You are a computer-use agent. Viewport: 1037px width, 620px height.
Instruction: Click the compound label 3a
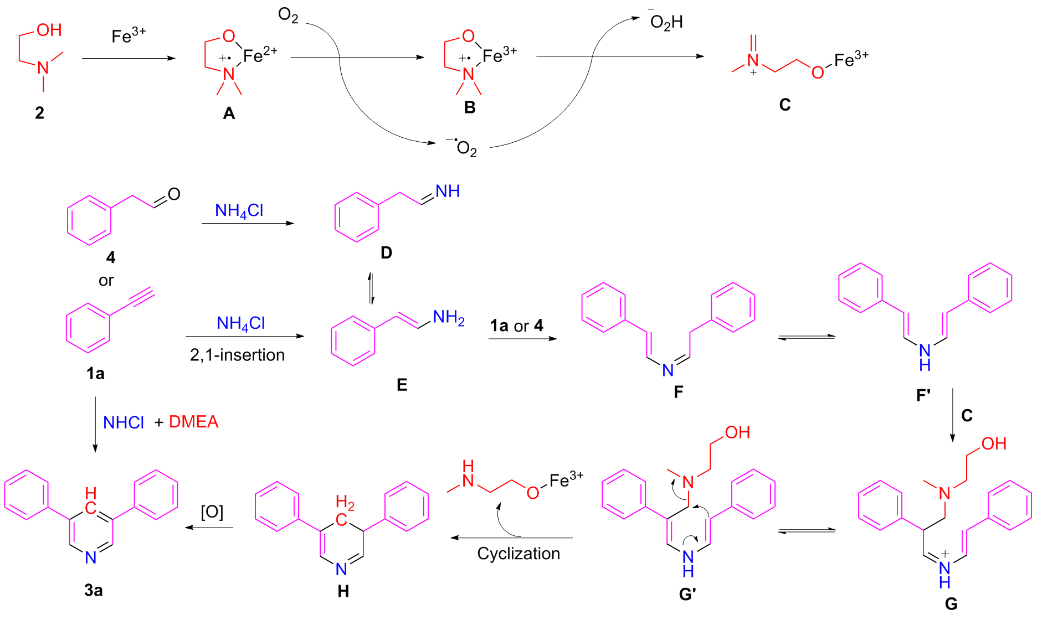93,590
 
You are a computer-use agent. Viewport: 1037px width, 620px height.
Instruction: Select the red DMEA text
193,422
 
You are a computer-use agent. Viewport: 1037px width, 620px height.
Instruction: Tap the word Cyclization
518,554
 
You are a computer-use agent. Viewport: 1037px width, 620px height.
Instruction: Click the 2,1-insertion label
237,355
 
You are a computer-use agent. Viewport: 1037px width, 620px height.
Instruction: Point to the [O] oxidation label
212,512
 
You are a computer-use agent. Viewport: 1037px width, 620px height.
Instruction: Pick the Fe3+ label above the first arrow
129,35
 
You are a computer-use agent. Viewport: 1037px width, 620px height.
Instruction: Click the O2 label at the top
288,15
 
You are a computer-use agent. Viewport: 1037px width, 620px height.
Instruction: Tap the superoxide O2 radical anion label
463,148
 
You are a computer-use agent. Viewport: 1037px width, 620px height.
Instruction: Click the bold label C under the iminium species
784,105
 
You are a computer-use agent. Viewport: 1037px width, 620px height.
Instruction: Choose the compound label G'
687,595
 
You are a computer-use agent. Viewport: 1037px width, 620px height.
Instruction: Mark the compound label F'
923,395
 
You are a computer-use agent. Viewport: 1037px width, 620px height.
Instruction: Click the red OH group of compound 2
49,30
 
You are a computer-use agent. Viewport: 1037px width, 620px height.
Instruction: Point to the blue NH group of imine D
447,192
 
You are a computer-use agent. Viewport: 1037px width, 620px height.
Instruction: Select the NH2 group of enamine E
448,318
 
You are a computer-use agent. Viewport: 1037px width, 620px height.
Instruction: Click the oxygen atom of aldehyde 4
174,194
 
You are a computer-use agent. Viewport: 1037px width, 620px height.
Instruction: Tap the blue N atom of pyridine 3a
91,557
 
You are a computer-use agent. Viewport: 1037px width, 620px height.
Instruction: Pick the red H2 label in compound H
345,503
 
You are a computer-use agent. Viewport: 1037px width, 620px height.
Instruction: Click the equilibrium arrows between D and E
372,288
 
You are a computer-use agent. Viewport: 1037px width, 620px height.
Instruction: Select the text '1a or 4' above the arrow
516,325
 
